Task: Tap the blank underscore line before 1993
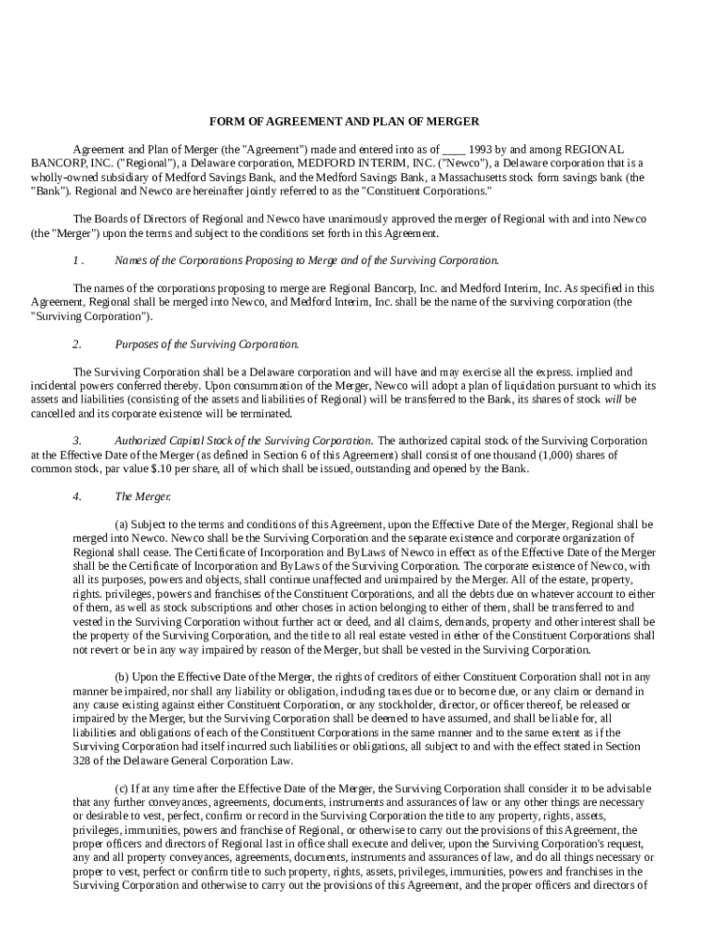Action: coord(454,150)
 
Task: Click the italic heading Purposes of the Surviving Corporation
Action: coord(206,344)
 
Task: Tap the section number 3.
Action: coord(77,441)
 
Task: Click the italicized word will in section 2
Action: coord(613,400)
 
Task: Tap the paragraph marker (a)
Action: coord(122,524)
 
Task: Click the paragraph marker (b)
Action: coord(122,677)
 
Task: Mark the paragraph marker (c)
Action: coord(122,788)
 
